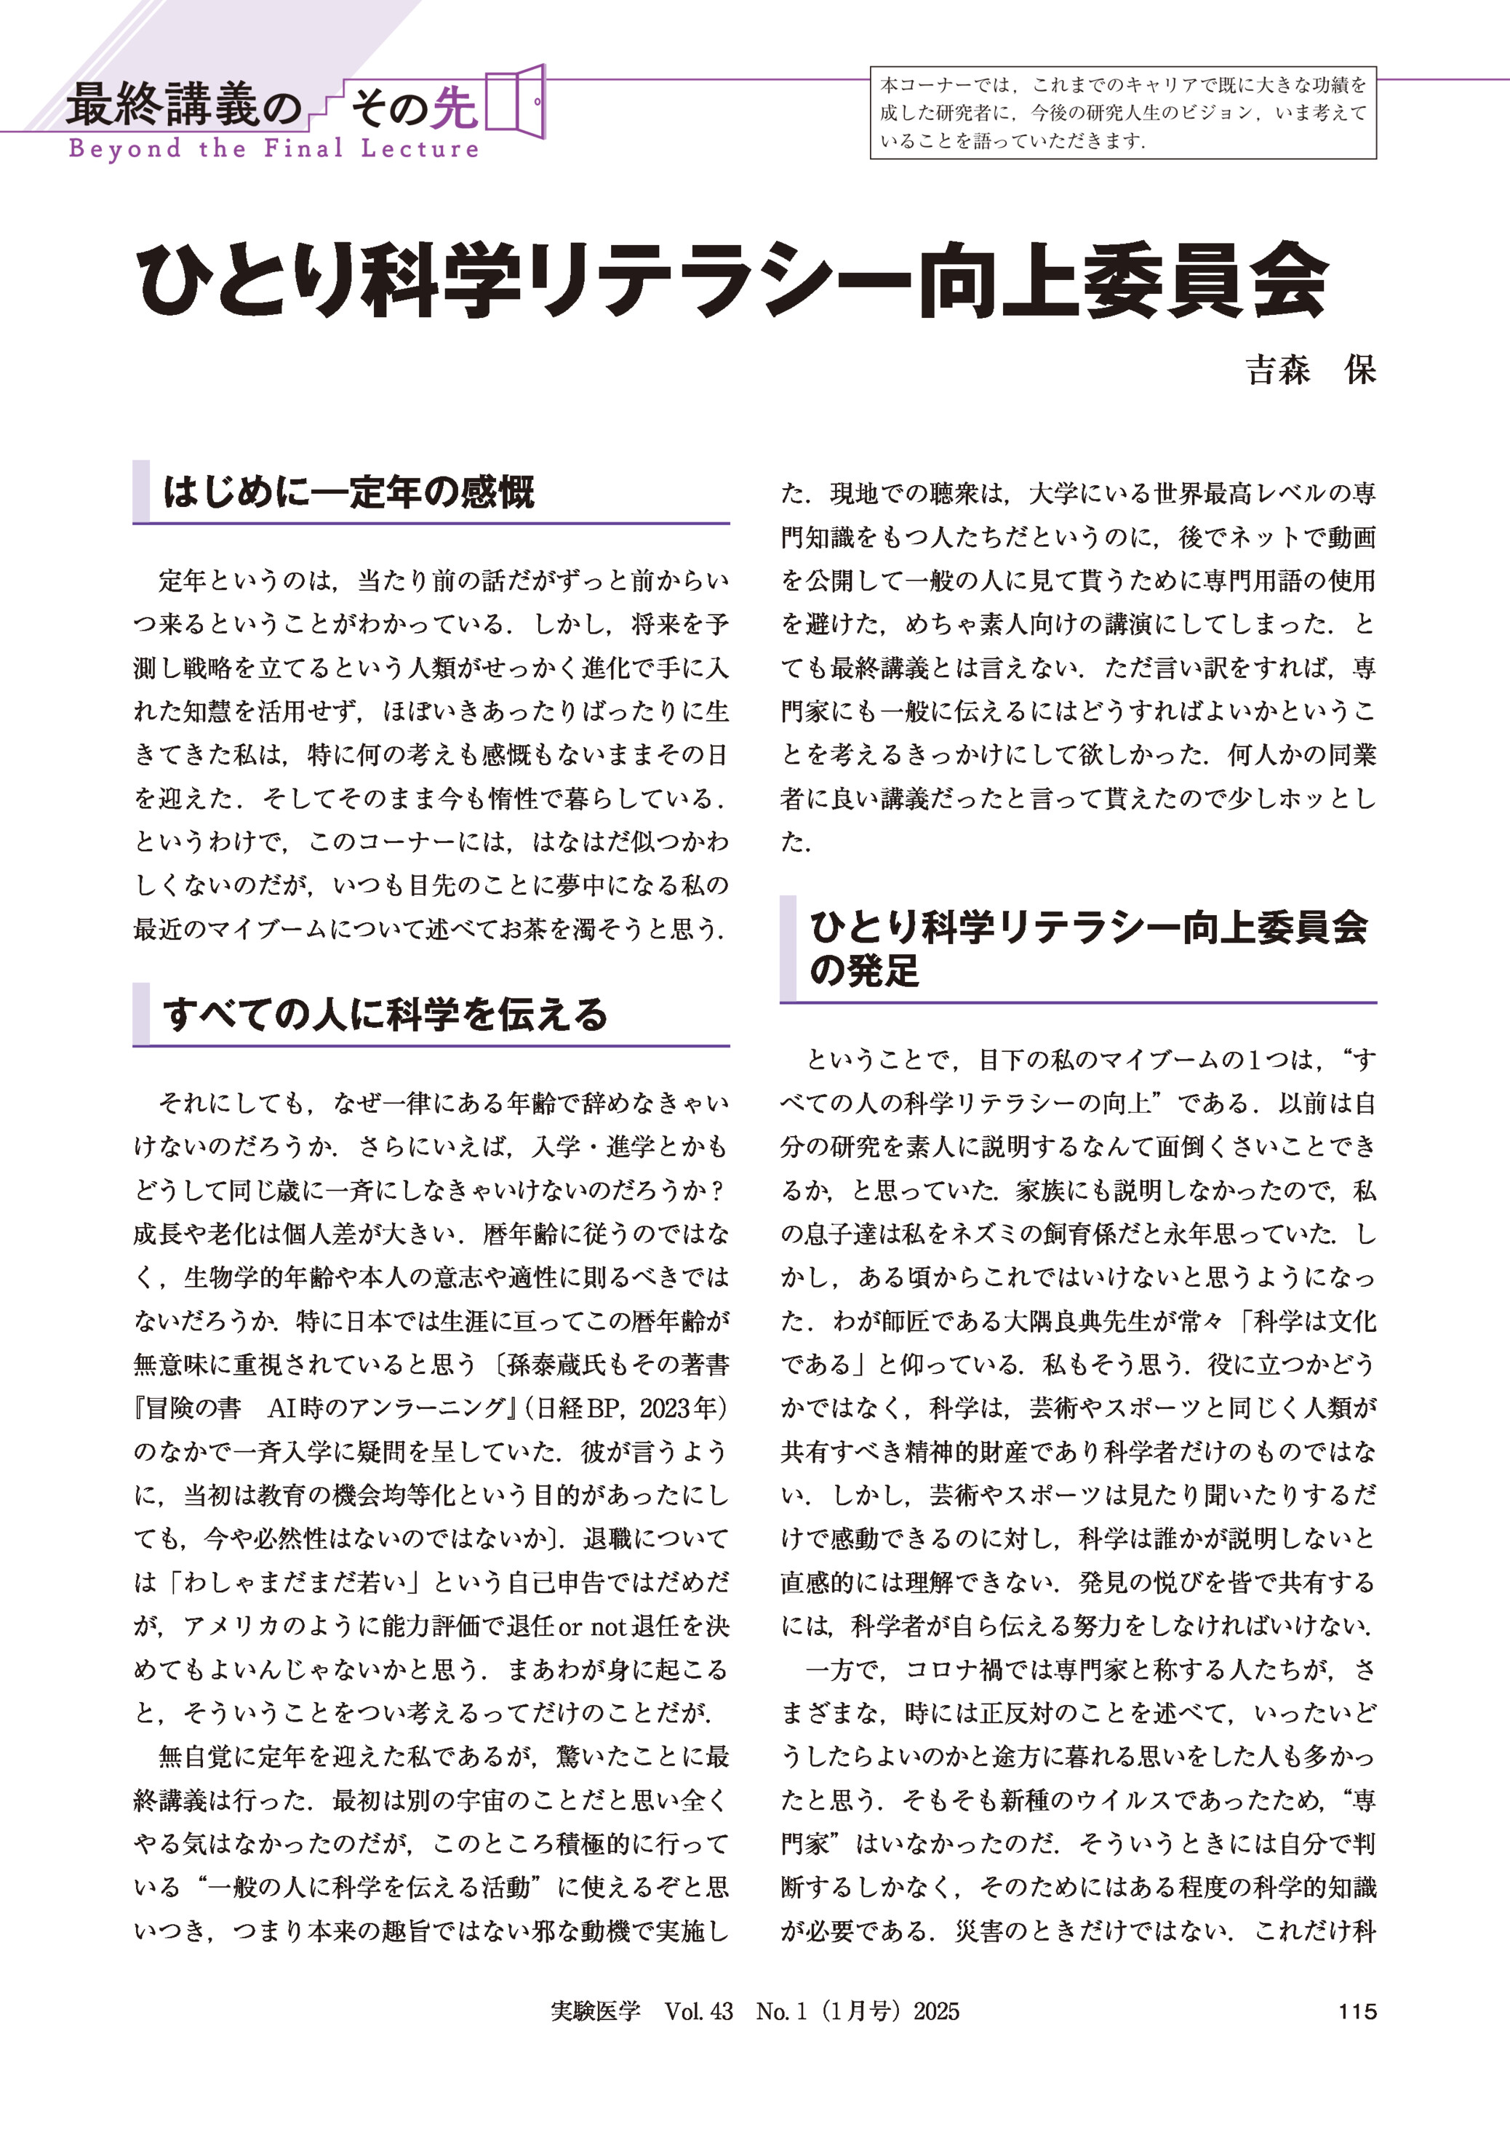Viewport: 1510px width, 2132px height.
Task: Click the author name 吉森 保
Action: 1310,370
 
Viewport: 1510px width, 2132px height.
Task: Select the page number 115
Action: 1357,2011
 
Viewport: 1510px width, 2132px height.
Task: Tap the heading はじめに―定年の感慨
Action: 348,492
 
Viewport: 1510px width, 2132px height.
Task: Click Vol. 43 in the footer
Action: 698,2011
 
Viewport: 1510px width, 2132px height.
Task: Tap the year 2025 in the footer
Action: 936,2011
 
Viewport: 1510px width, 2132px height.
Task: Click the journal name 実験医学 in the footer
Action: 595,2011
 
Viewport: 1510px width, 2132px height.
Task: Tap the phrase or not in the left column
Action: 592,1626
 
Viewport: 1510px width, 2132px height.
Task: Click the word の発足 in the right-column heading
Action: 864,970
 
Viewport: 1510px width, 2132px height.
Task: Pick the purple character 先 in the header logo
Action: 455,107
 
